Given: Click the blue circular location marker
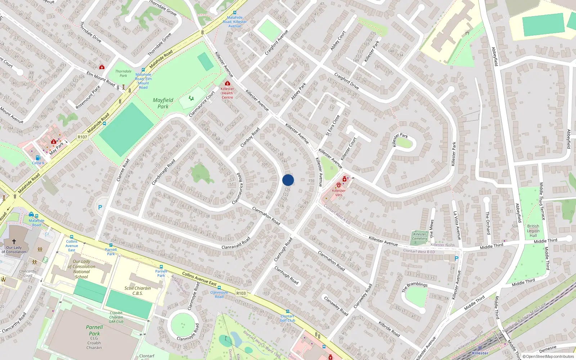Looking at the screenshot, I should pyautogui.click(x=288, y=180).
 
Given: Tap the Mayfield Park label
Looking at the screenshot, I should pyautogui.click(x=163, y=103).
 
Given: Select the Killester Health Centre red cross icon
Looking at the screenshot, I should pyautogui.click(x=227, y=83).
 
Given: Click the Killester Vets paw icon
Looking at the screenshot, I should pyautogui.click(x=339, y=185).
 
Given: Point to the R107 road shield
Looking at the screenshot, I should pyautogui.click(x=82, y=137).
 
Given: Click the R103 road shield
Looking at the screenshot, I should pyautogui.click(x=241, y=293).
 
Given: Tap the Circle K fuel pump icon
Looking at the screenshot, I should pyautogui.click(x=38, y=158).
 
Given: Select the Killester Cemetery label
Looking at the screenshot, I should pyautogui.click(x=420, y=236).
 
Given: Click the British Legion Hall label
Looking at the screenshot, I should pyautogui.click(x=533, y=231).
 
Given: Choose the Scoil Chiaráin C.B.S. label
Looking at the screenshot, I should pyautogui.click(x=138, y=291).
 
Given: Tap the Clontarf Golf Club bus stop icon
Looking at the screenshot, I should pyautogui.click(x=287, y=311).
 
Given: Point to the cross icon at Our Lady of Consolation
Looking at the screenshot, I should pyautogui.click(x=14, y=241).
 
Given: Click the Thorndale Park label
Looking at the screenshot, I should pyautogui.click(x=123, y=73).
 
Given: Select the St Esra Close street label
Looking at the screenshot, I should pyautogui.click(x=332, y=125).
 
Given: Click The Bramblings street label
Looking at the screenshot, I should pyautogui.click(x=415, y=287).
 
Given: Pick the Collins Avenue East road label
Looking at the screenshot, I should pyautogui.click(x=199, y=279).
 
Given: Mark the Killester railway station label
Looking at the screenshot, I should pyautogui.click(x=480, y=353).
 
